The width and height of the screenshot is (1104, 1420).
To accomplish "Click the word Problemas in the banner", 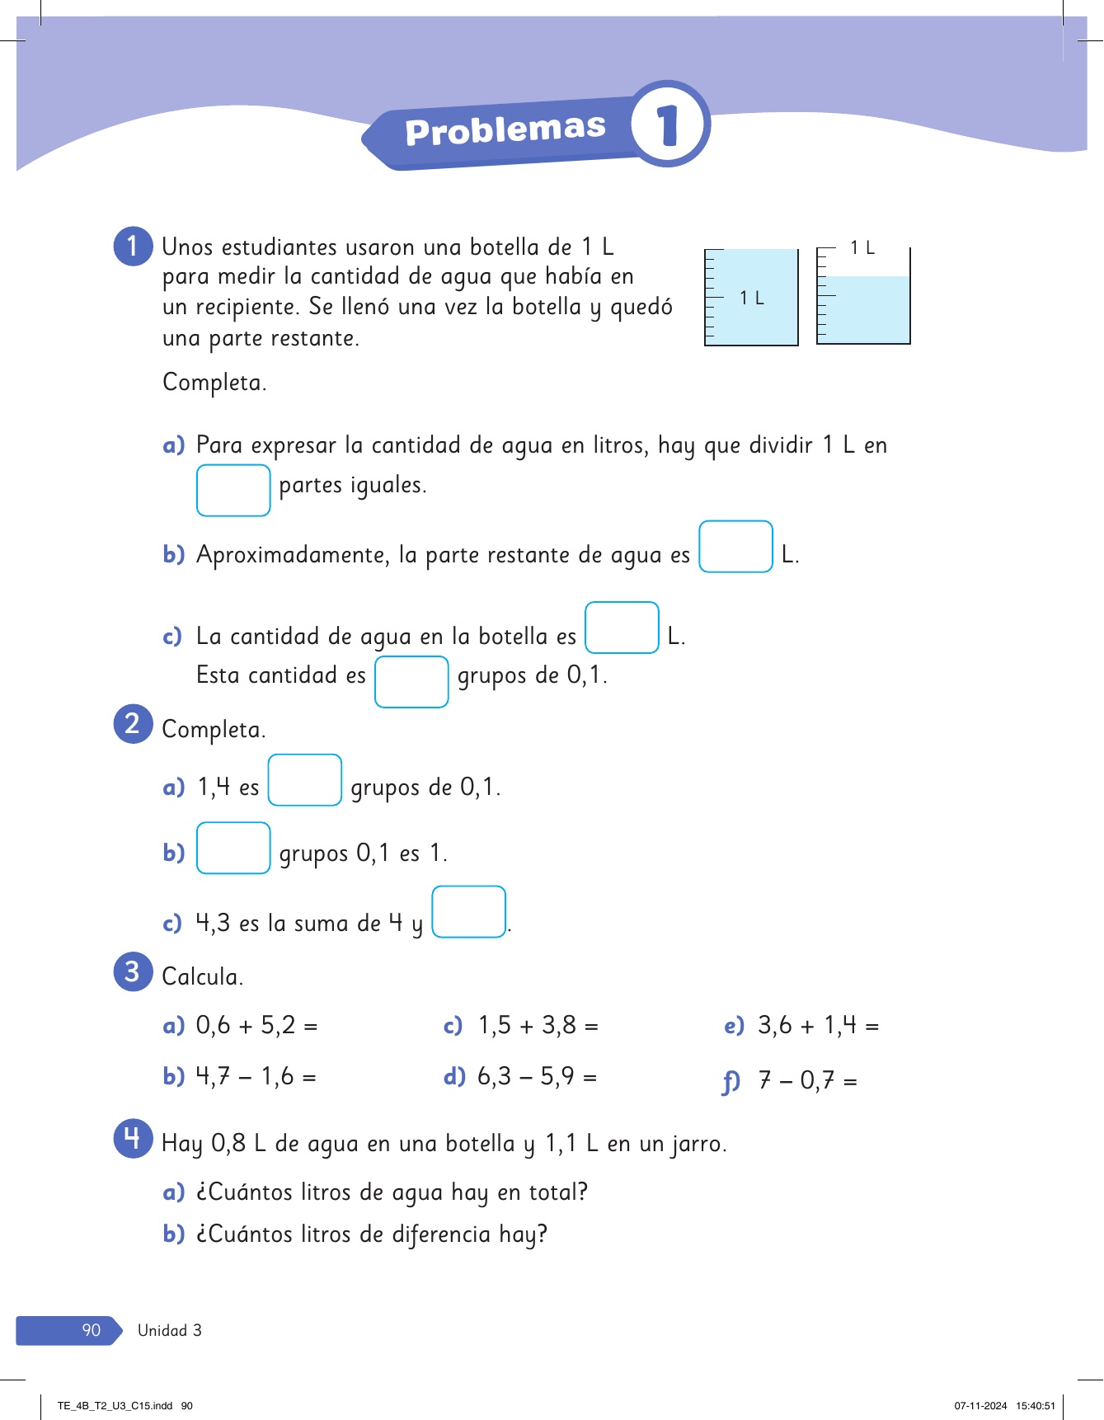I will point(505,129).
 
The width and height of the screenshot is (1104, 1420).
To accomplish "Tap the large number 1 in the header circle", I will point(668,125).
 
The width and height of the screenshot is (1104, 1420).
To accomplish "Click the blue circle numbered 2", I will point(133,724).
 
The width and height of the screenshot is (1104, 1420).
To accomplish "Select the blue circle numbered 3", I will point(133,971).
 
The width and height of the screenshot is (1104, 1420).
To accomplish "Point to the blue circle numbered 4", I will point(133,1139).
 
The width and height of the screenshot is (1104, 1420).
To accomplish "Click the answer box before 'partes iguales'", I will point(233,491).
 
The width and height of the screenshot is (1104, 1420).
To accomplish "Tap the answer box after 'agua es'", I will point(735,547).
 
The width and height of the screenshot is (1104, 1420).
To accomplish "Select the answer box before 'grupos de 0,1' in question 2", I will point(305,780).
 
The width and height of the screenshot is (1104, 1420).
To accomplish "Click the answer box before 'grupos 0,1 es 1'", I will point(233,848).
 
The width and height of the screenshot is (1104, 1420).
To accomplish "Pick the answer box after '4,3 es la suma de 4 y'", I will point(468,912).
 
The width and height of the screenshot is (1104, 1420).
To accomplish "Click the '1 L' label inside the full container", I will point(751,298).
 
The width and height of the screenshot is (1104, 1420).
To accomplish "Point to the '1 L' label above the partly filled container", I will point(862,247).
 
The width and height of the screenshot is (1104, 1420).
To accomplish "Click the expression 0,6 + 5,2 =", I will point(256,1026).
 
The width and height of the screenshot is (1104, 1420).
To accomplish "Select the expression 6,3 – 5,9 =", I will point(537,1076).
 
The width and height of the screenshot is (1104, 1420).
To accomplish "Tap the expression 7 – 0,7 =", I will point(808,1079).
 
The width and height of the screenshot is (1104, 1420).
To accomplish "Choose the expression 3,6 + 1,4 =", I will point(818,1026).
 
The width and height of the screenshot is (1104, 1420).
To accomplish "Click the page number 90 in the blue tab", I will point(91,1330).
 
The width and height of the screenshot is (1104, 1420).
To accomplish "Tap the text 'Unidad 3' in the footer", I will point(169,1330).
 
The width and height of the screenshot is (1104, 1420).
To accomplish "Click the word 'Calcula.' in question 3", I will point(202,976).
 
